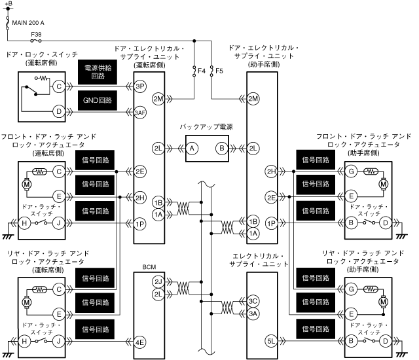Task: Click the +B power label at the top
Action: pos(8,4)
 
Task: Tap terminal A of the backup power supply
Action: pos(192,148)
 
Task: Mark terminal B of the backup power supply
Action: pos(221,148)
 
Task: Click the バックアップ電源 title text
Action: pos(207,126)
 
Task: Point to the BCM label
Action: pos(149,267)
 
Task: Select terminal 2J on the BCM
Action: pos(158,282)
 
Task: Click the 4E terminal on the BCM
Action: pos(139,341)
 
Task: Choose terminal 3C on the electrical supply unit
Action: pos(253,301)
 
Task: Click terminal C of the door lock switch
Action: pos(59,86)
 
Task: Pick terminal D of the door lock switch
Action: pos(59,112)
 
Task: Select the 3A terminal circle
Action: pos(253,314)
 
